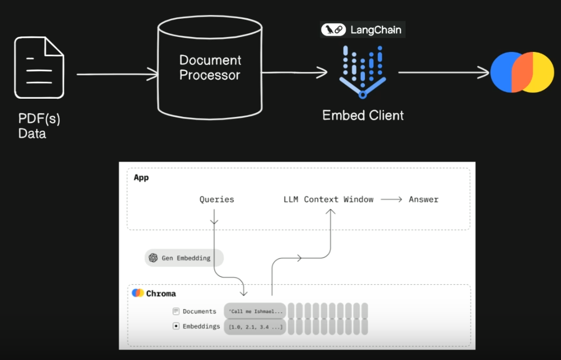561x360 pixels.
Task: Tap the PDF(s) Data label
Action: tap(39, 126)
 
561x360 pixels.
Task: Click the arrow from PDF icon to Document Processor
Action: tap(117, 75)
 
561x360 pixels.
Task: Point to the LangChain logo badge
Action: tap(362, 30)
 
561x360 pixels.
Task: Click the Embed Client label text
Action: tap(363, 115)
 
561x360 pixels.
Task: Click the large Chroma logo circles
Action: tap(521, 72)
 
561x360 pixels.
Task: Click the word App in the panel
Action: tap(141, 178)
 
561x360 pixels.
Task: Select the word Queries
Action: tap(217, 199)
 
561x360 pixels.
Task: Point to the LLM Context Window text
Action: tap(328, 199)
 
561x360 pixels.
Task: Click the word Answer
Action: tap(423, 199)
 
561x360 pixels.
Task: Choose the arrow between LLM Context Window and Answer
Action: tap(391, 199)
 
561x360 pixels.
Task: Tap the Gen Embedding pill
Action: tap(184, 258)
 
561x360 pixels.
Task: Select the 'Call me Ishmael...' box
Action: tap(255, 311)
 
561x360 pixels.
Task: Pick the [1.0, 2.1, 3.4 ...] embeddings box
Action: tap(255, 327)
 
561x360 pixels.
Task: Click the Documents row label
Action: tap(199, 311)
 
